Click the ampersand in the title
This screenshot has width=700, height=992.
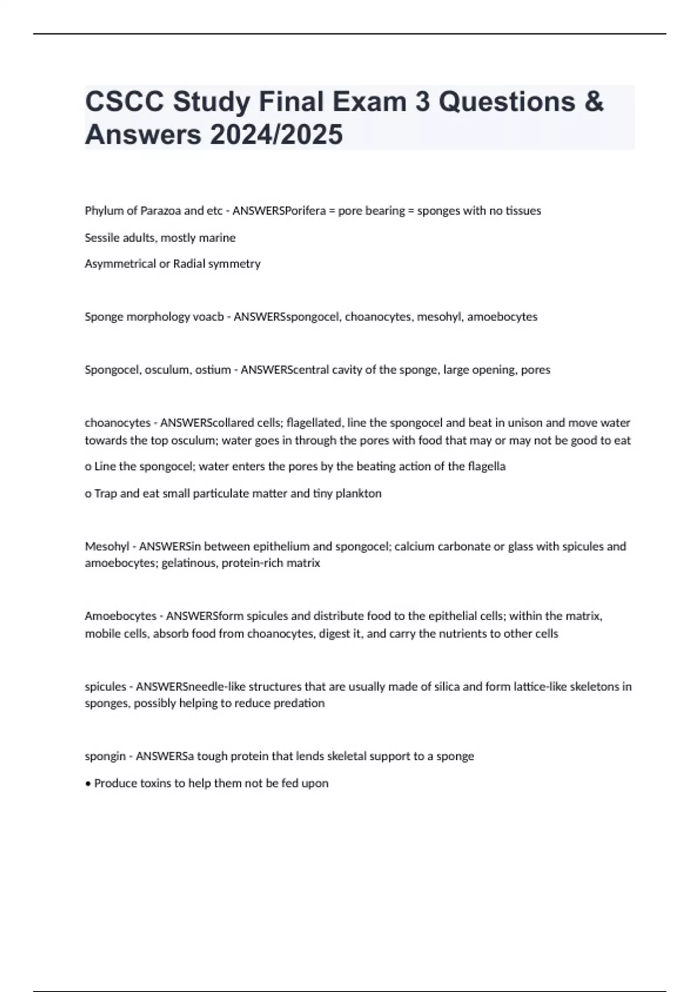click(593, 102)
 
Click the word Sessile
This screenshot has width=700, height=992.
click(101, 237)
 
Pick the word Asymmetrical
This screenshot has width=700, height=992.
click(119, 264)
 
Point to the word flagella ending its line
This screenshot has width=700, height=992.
click(487, 466)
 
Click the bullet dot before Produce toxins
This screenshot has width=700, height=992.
click(88, 784)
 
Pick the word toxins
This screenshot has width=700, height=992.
click(158, 784)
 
